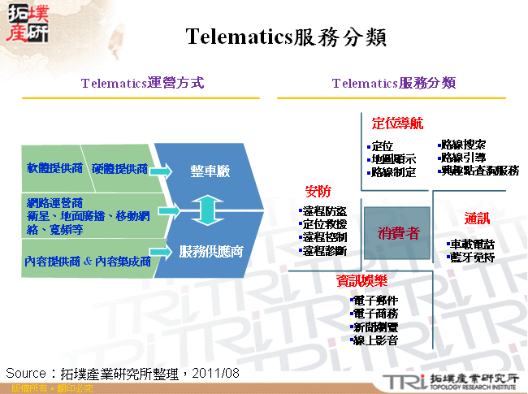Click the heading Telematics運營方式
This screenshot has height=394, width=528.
click(x=142, y=83)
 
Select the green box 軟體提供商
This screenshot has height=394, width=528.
click(x=54, y=169)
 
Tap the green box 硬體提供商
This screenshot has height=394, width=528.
click(x=119, y=169)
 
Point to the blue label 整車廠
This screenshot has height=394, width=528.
click(x=210, y=171)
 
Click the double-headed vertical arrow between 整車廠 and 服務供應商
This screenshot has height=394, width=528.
click(x=208, y=210)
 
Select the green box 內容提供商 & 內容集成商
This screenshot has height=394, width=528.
click(x=88, y=262)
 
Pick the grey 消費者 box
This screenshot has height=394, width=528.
click(x=398, y=233)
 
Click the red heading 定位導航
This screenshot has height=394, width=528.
click(x=397, y=123)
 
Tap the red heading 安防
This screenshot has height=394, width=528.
click(x=318, y=192)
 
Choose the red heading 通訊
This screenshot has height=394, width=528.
click(x=477, y=219)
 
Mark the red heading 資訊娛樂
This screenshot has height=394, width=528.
click(x=361, y=280)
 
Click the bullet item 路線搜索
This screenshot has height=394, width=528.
click(x=463, y=144)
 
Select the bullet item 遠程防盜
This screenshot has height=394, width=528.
click(x=323, y=211)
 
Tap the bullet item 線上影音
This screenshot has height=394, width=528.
click(x=374, y=340)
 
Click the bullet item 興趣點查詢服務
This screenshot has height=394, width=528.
click(x=479, y=171)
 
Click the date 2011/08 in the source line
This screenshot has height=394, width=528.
click(x=217, y=373)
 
